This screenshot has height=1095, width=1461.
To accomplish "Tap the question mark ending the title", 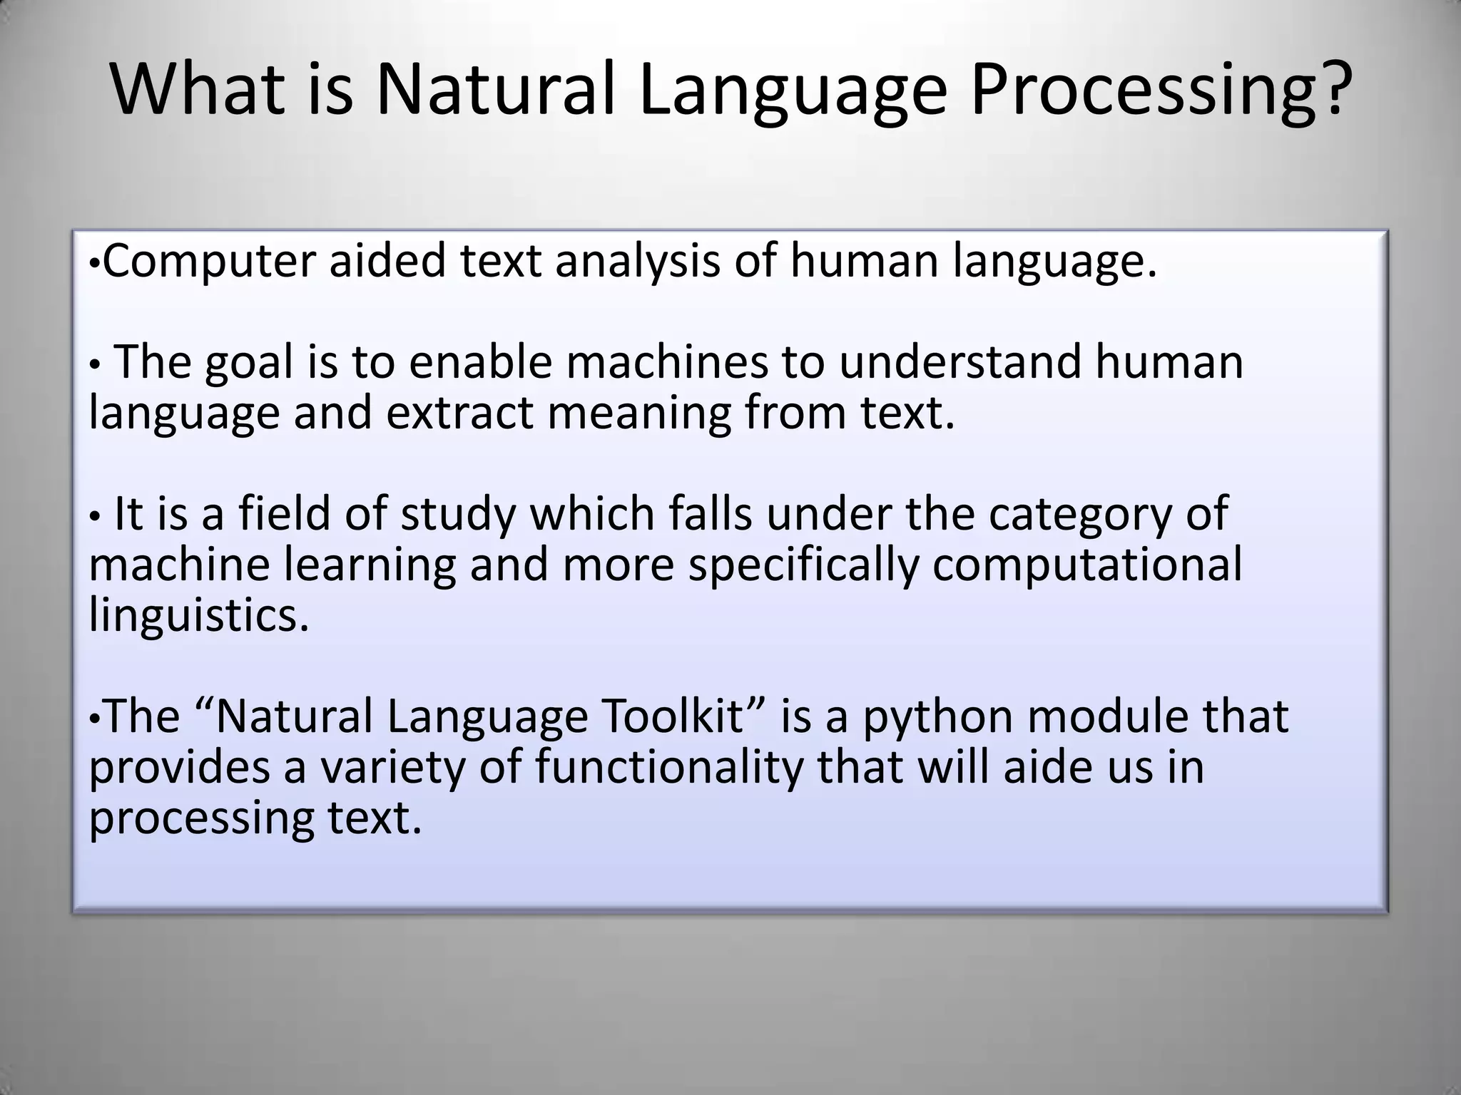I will pyautogui.click(x=1328, y=90).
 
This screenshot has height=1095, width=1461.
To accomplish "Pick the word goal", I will pyautogui.click(x=249, y=362).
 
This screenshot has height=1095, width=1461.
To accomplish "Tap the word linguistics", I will pyautogui.click(x=199, y=616).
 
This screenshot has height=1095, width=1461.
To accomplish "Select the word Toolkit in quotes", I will pyautogui.click(x=683, y=716).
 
